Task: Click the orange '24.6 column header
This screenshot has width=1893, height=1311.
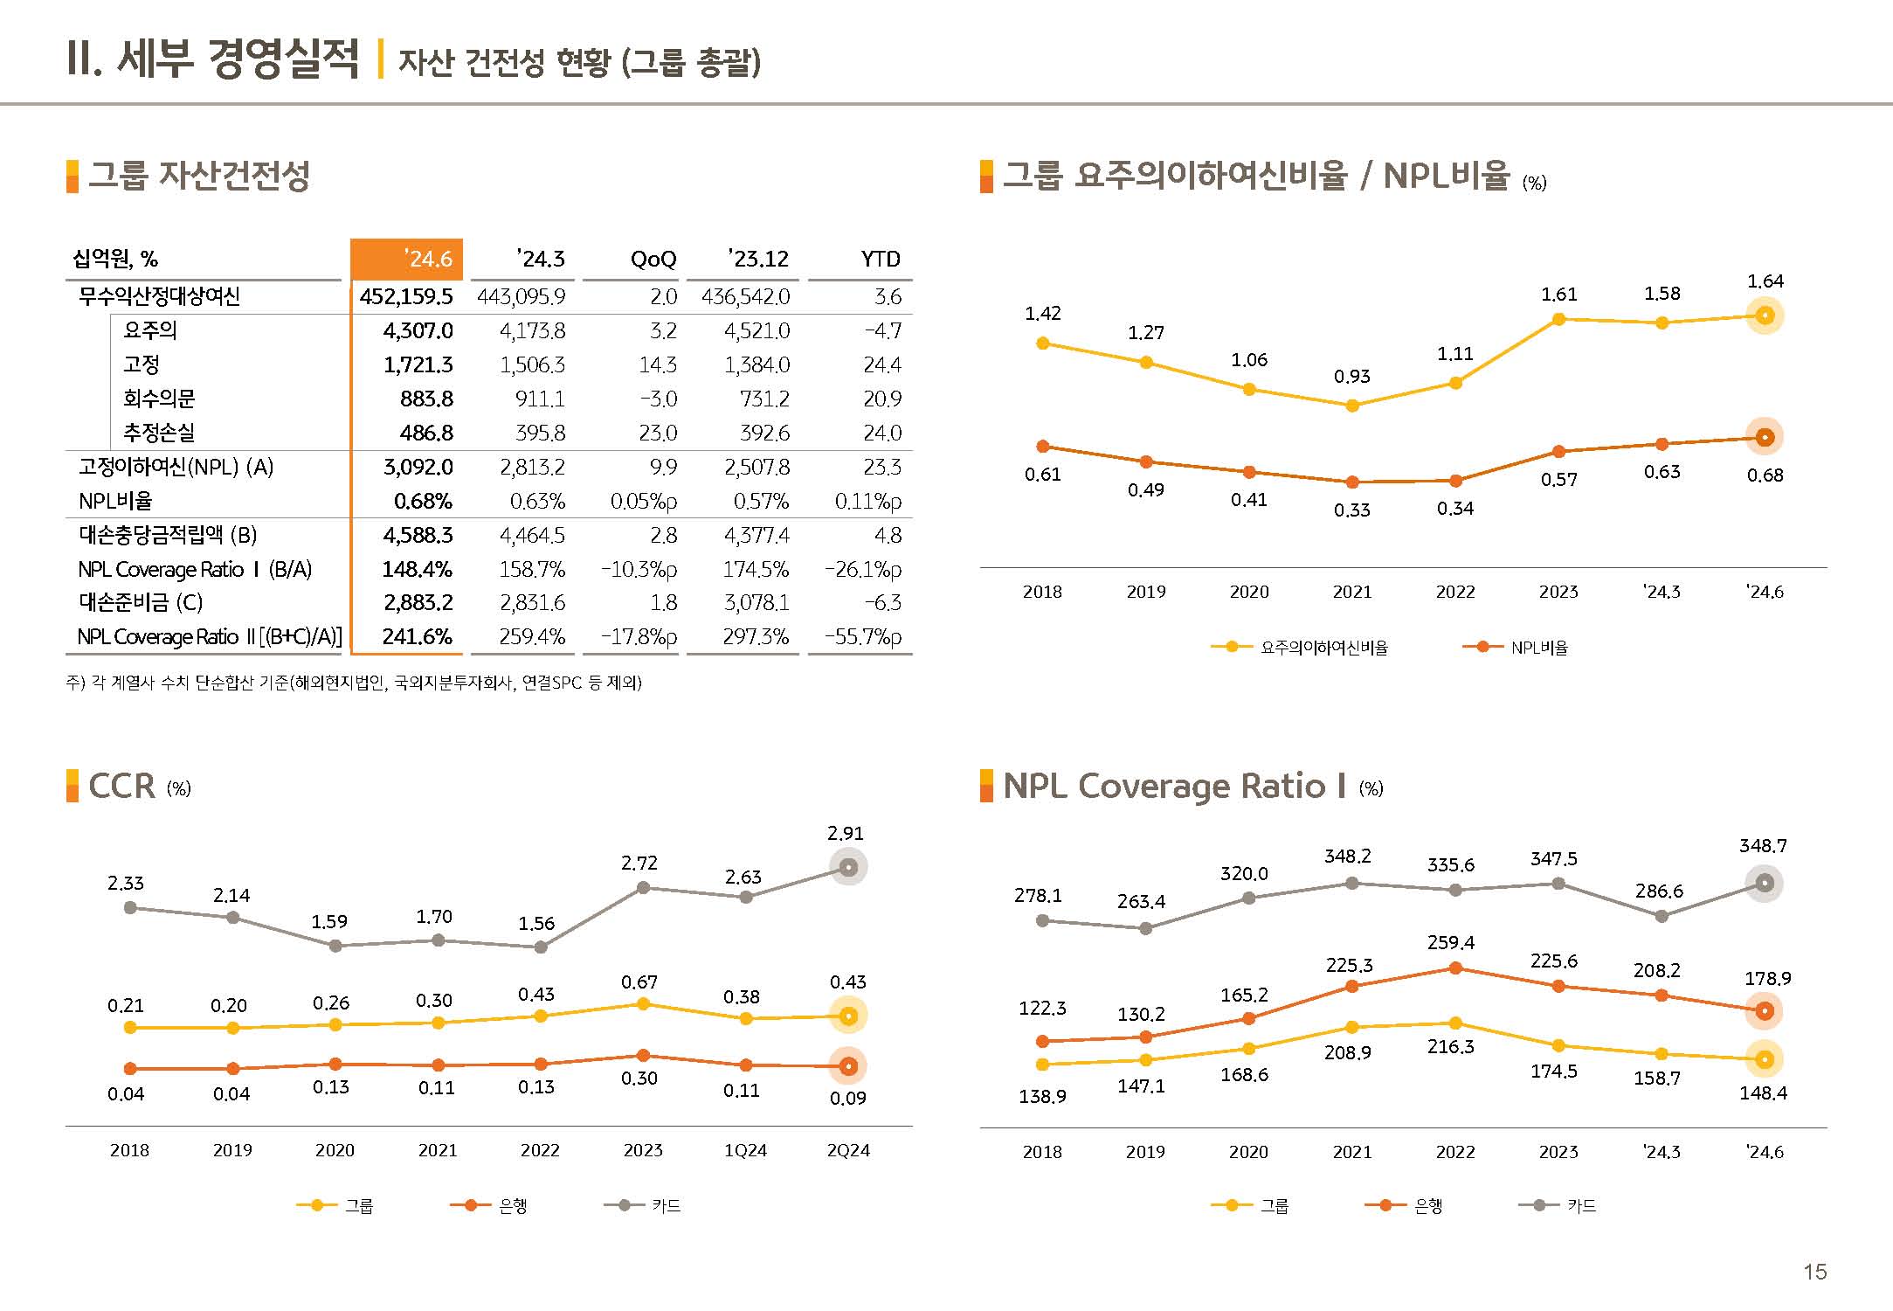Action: point(407,259)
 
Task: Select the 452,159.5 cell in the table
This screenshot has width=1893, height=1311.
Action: point(406,296)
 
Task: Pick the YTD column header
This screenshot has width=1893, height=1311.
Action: point(880,259)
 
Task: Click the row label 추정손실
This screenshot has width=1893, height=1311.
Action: point(158,433)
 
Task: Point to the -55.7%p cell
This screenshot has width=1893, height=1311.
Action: point(863,637)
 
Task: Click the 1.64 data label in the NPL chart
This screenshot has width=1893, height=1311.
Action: point(1765,281)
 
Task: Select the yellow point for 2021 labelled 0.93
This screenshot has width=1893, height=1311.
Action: point(1352,406)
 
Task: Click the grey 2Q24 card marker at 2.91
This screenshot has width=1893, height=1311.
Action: point(847,868)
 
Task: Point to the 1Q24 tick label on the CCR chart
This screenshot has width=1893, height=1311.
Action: point(745,1151)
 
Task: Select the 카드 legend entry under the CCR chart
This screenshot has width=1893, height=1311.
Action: point(643,1206)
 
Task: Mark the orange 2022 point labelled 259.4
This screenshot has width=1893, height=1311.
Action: point(1455,968)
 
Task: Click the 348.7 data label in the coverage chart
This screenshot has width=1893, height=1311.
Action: point(1763,846)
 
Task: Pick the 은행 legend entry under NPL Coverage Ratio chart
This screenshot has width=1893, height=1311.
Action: point(1405,1206)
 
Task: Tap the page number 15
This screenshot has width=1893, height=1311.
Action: point(1815,1273)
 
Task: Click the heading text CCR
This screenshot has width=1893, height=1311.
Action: point(121,787)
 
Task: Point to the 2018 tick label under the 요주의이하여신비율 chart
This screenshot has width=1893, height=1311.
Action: point(1042,593)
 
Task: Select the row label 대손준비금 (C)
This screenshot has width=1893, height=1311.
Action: point(140,603)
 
